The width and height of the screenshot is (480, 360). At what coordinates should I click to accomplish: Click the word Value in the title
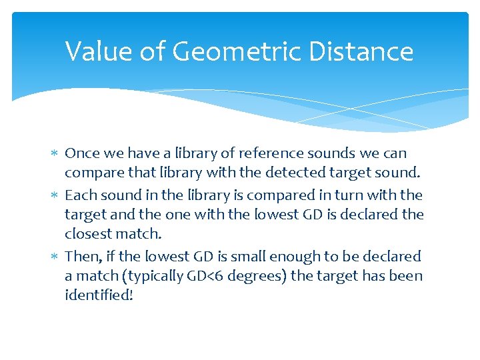click(x=95, y=51)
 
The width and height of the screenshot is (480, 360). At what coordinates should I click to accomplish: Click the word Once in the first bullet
click(x=81, y=153)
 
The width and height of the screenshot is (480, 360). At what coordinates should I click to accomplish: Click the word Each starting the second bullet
click(x=79, y=195)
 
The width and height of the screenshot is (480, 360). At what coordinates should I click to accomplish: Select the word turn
click(x=353, y=195)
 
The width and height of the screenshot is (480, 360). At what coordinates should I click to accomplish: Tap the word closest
click(x=87, y=234)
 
